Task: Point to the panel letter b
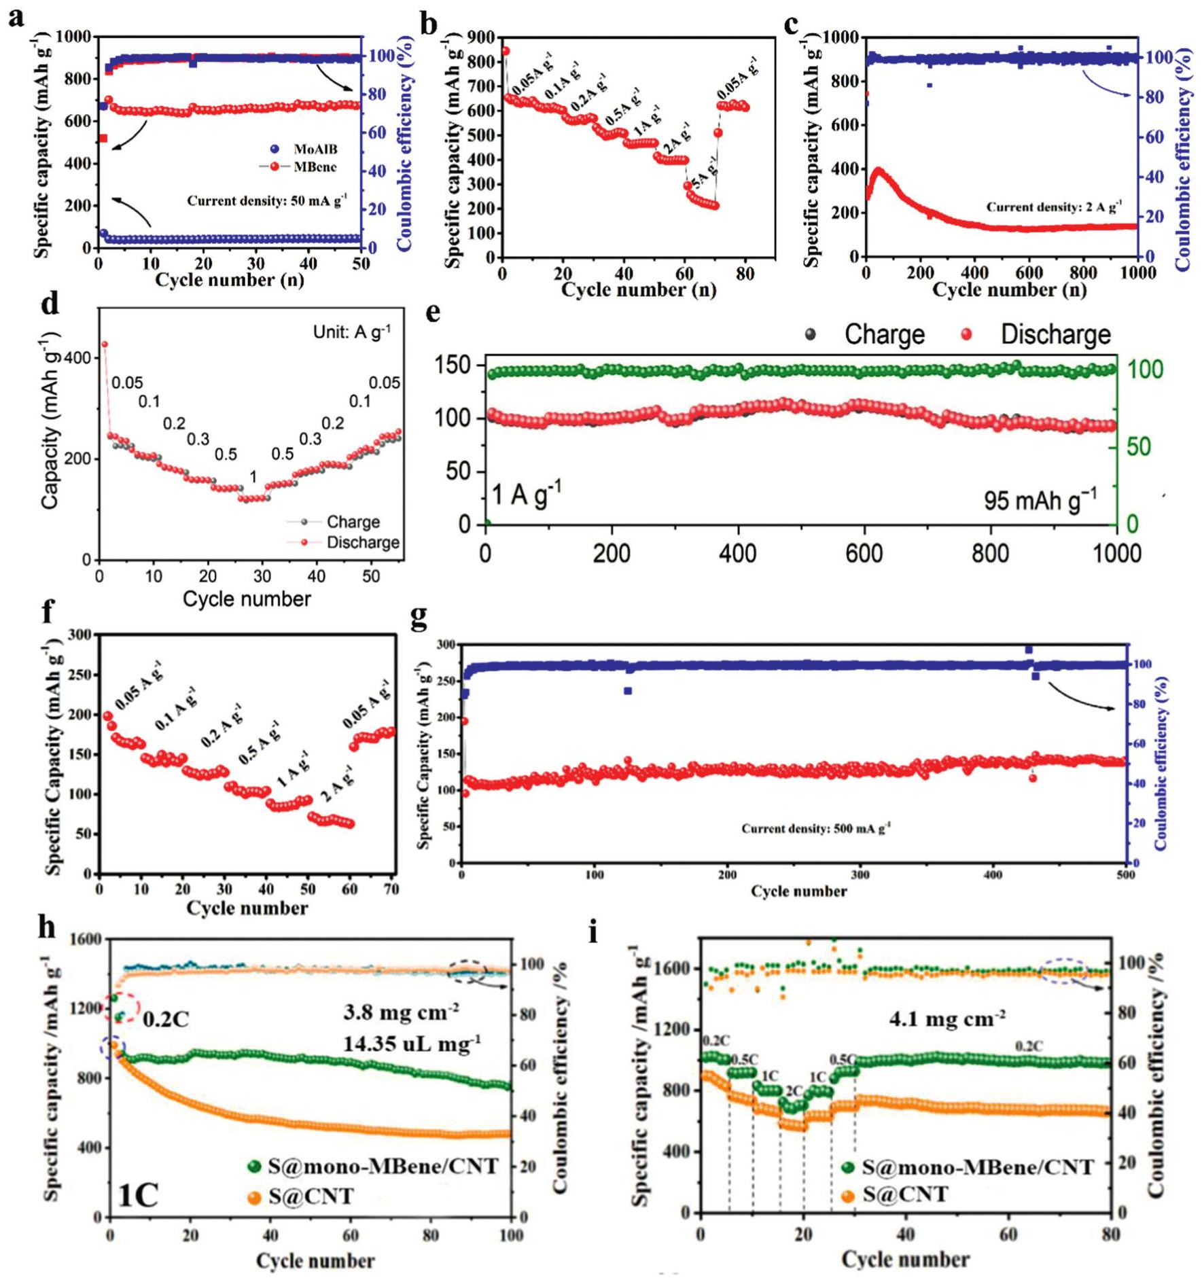(x=428, y=25)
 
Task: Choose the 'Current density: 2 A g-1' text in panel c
(x=1054, y=207)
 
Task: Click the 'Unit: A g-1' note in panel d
(x=351, y=332)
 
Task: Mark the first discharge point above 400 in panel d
(x=105, y=344)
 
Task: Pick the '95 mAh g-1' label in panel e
(x=1040, y=499)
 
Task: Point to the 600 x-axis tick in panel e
(x=864, y=554)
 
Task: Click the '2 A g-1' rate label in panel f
(x=338, y=783)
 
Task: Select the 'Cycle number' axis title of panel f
(x=247, y=908)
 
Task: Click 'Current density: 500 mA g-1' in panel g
(x=815, y=828)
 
